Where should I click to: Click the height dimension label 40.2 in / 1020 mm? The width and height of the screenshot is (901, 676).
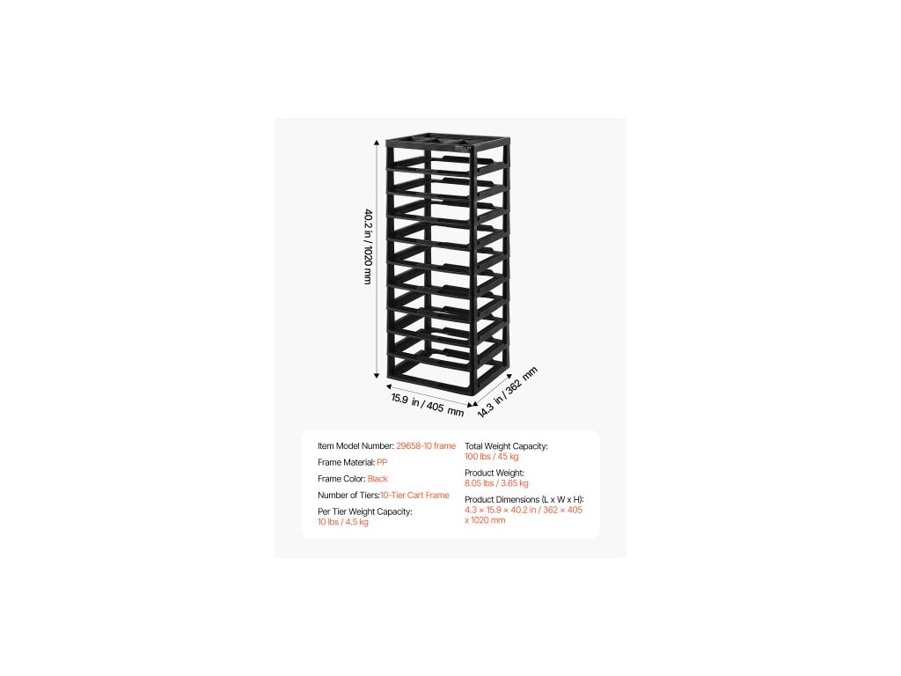click(x=368, y=246)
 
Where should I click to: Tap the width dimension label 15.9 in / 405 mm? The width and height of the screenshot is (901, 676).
click(x=427, y=405)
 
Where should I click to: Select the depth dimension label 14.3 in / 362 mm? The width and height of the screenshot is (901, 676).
click(x=507, y=391)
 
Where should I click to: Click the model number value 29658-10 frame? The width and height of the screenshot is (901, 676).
click(x=426, y=446)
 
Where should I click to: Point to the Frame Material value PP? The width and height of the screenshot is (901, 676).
click(x=382, y=462)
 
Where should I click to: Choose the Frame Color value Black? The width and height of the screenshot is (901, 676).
click(x=377, y=479)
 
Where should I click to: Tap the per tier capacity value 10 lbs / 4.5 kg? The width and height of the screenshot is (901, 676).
click(x=343, y=522)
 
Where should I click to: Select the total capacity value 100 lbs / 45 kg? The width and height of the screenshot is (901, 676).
click(x=492, y=457)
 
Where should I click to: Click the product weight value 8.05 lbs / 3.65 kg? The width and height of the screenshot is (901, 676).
click(x=496, y=483)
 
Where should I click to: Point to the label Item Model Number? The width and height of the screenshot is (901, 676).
click(x=355, y=446)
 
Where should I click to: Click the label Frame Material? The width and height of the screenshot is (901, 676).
click(x=346, y=462)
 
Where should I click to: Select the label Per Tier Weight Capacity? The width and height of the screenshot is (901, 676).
click(x=365, y=511)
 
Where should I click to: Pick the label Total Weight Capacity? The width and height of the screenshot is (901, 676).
click(x=506, y=446)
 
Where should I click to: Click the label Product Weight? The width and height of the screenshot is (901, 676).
click(x=494, y=473)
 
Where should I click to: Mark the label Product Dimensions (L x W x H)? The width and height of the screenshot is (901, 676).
click(x=524, y=499)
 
